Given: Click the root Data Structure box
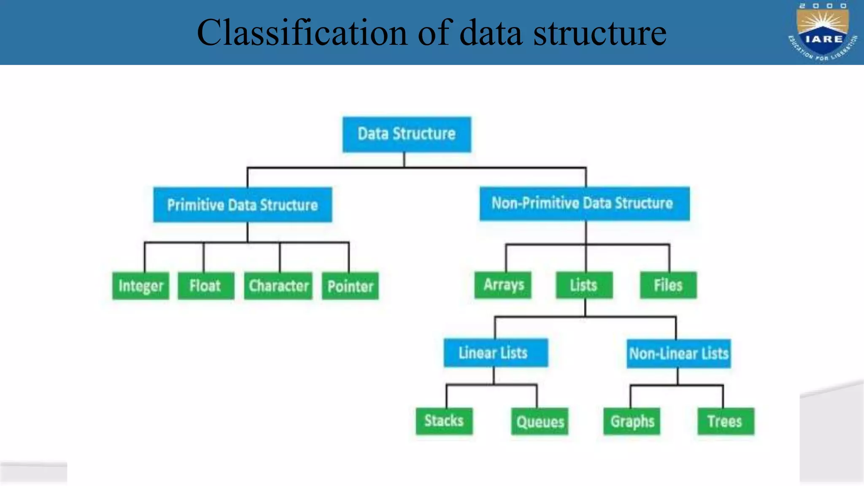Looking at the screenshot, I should [407, 134].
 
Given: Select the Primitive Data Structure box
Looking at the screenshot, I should [243, 205].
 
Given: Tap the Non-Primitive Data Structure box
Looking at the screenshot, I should [584, 204].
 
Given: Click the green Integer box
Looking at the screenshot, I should [140, 286].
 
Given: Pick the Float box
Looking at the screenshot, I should [205, 286].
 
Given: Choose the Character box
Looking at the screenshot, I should [278, 286].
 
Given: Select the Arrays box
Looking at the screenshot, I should [503, 285].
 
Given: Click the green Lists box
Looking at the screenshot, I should [584, 285].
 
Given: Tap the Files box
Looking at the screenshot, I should [668, 285].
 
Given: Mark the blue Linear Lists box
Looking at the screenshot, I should [495, 353].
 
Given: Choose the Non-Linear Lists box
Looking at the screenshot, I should [678, 354].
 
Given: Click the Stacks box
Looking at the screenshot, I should [444, 421].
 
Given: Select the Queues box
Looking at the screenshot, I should [540, 421].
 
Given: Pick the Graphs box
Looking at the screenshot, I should [632, 421].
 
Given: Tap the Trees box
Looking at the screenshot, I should [725, 421].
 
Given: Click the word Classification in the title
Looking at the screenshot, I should [302, 33].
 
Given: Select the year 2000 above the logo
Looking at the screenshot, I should [823, 5].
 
